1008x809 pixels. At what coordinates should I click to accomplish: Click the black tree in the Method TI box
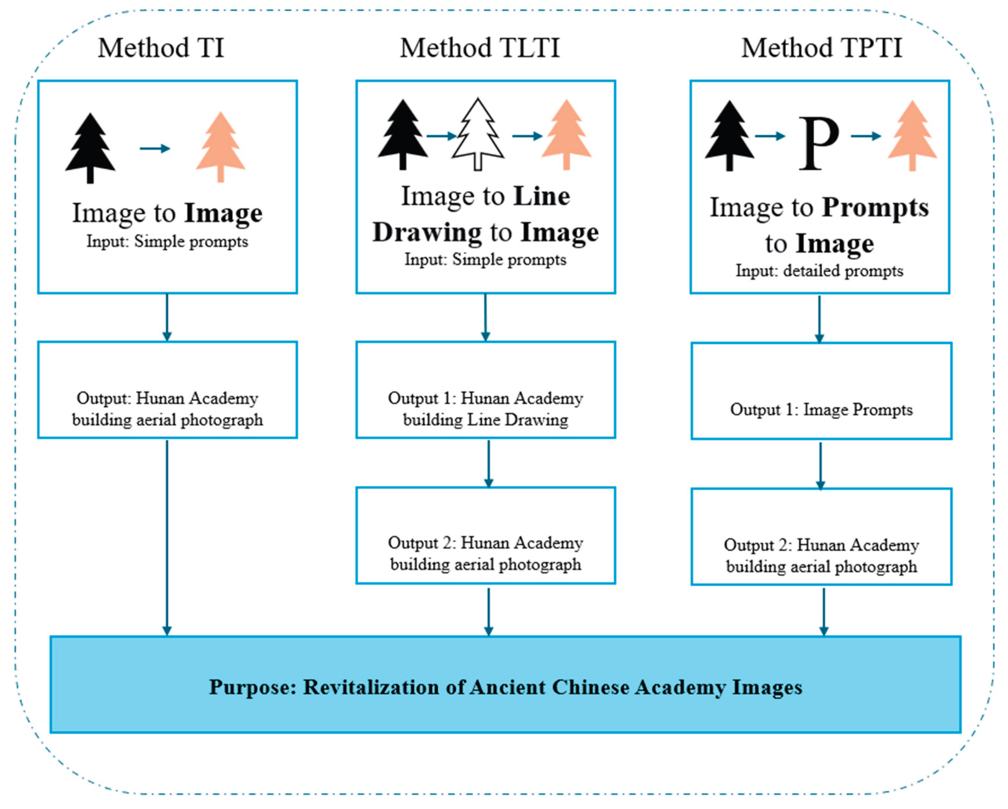(90, 148)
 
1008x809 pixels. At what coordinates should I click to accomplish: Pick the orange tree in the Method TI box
(221, 147)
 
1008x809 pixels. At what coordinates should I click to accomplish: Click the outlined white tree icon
(477, 134)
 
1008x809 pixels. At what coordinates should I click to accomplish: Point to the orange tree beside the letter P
(912, 135)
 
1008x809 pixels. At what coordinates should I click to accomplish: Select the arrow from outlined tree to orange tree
(527, 136)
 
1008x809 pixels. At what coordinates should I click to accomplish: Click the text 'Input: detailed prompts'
(820, 271)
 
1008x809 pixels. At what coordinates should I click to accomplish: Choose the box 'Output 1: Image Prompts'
(822, 391)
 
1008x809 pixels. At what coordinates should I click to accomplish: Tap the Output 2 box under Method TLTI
(486, 536)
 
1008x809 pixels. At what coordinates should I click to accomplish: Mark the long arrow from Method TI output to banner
(167, 538)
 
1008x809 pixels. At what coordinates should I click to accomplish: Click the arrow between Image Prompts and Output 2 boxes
(820, 466)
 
